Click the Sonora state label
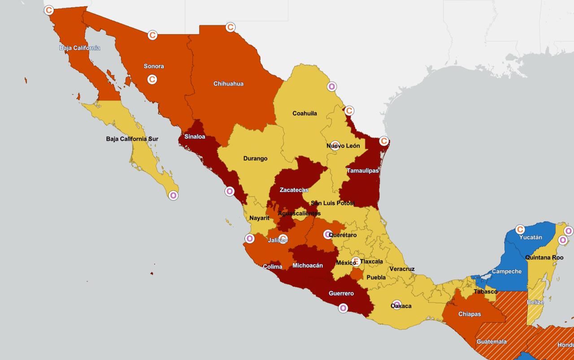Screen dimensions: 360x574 pyautogui.click(x=154, y=66)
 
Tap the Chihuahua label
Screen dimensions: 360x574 pyautogui.click(x=228, y=84)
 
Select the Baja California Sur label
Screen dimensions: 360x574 pyautogui.click(x=132, y=139)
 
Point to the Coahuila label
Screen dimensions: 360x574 pyautogui.click(x=304, y=113)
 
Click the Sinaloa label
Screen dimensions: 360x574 pyautogui.click(x=195, y=137)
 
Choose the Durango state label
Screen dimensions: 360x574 pyautogui.click(x=255, y=158)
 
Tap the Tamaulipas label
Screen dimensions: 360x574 pyautogui.click(x=362, y=170)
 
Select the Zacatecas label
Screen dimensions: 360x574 pyautogui.click(x=294, y=190)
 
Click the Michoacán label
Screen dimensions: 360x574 pyautogui.click(x=307, y=265)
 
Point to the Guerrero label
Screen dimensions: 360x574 pyautogui.click(x=341, y=294)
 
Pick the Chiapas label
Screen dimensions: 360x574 pyautogui.click(x=470, y=314)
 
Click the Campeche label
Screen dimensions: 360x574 pyautogui.click(x=507, y=271)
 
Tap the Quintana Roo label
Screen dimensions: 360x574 pyautogui.click(x=544, y=257)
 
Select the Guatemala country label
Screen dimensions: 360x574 pyautogui.click(x=491, y=342)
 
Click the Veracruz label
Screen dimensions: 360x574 pyautogui.click(x=402, y=269)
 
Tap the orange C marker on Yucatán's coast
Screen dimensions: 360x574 pyautogui.click(x=520, y=230)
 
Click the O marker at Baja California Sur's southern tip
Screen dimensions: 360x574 pyautogui.click(x=173, y=195)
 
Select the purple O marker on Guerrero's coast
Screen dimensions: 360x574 pyautogui.click(x=343, y=308)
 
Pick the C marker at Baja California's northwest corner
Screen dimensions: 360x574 pyautogui.click(x=49, y=10)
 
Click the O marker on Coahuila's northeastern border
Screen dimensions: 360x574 pyautogui.click(x=332, y=87)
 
